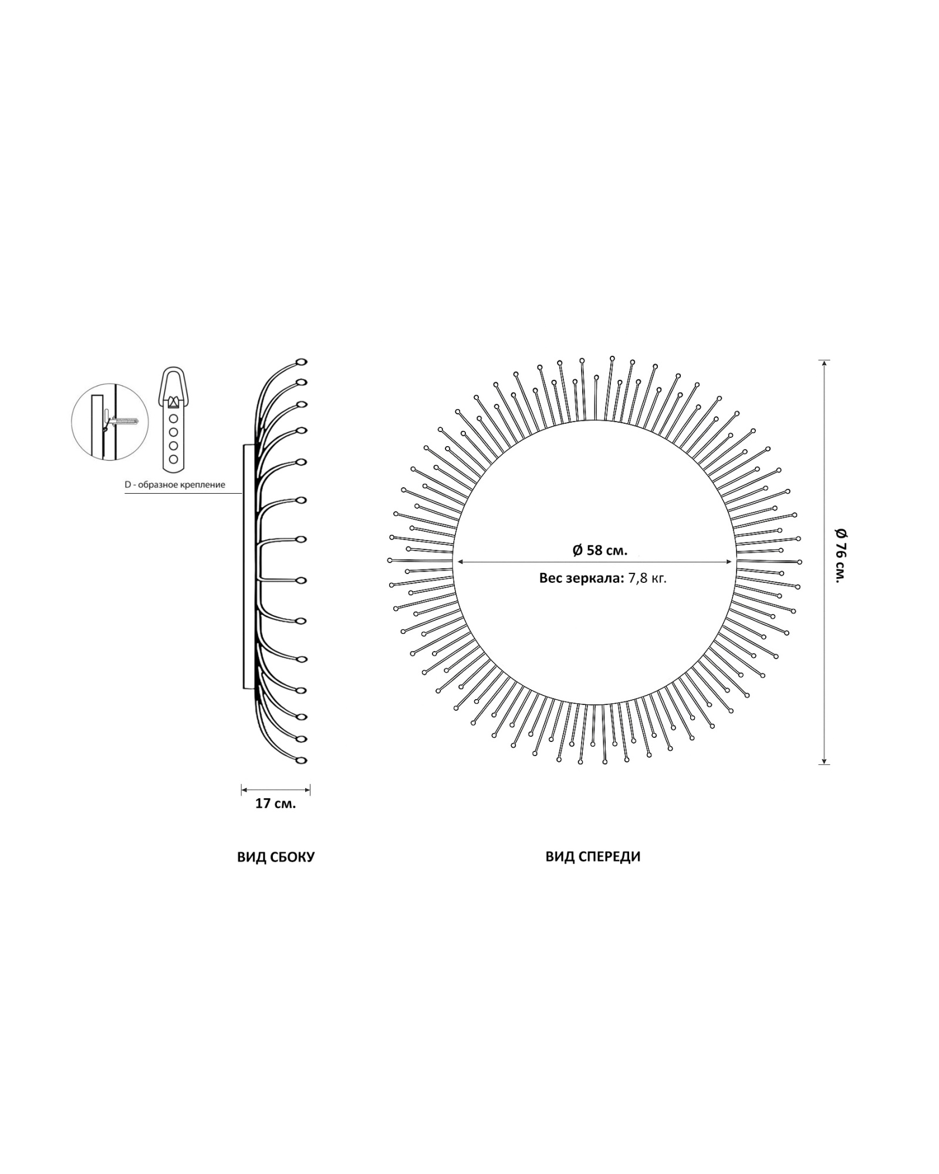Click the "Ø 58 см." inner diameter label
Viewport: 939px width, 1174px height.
(600, 550)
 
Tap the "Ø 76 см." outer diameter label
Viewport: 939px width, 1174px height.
(840, 554)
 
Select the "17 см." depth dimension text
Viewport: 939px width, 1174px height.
(275, 804)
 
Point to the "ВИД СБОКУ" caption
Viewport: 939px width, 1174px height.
(276, 857)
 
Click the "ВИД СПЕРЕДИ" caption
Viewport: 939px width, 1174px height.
(593, 856)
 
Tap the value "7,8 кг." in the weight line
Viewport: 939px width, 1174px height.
(647, 578)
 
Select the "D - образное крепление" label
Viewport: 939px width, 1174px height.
(175, 485)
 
